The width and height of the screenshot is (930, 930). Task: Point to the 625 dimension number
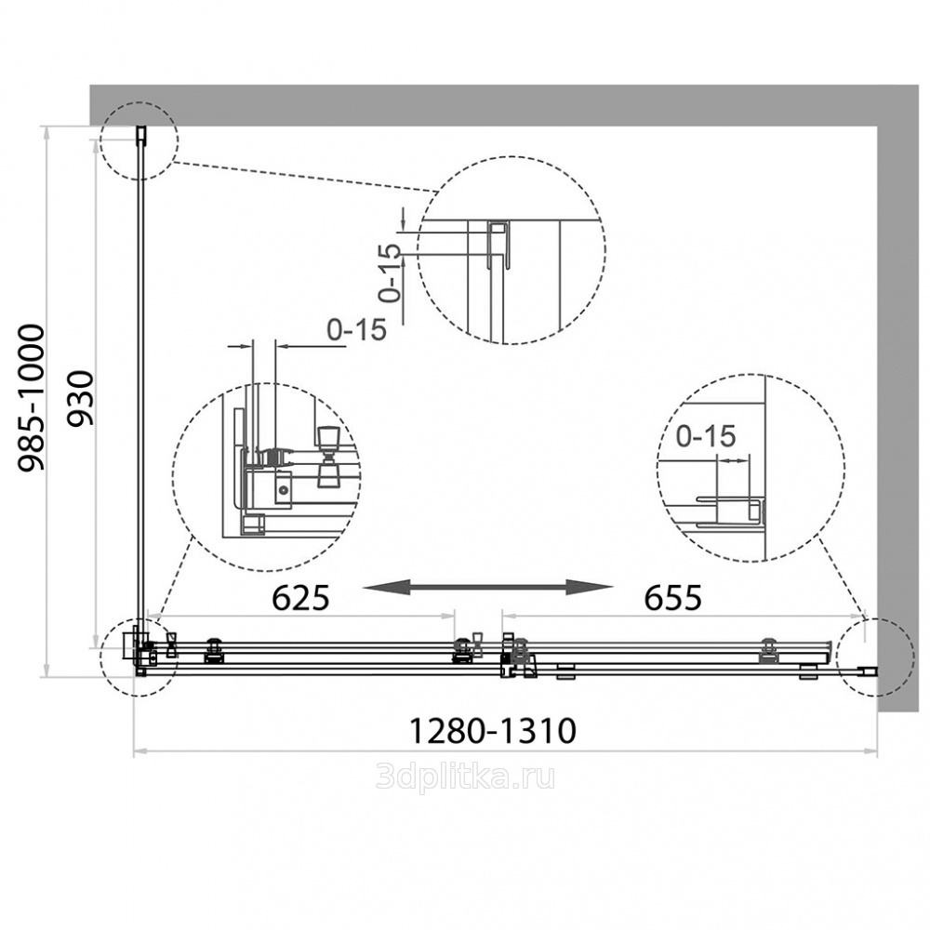point(300,598)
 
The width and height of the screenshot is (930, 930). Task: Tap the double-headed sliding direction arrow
point(488,586)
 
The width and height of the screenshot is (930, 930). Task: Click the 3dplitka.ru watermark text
point(465,777)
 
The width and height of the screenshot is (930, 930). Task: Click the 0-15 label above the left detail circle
point(355,329)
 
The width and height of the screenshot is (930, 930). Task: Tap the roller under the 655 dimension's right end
point(769,649)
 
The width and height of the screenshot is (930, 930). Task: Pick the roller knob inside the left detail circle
point(327,456)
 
